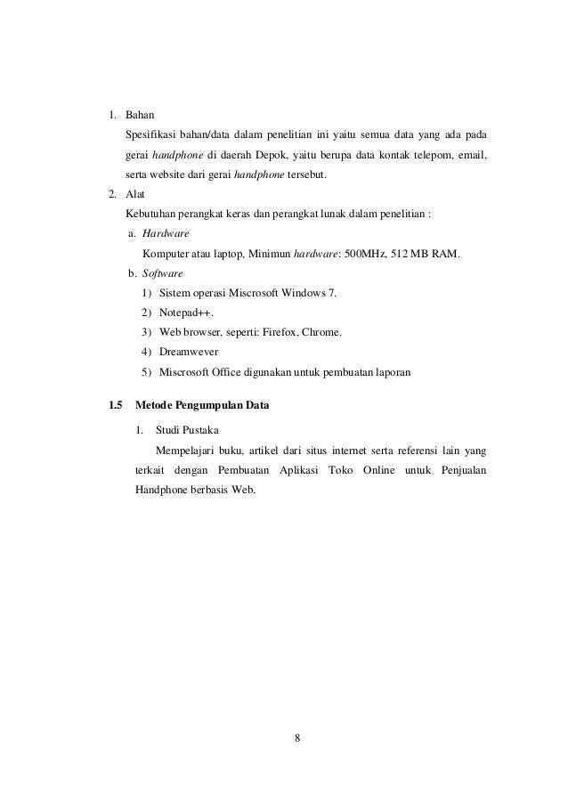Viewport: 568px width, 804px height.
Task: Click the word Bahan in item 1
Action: [139, 115]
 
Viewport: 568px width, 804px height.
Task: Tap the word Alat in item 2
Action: [135, 194]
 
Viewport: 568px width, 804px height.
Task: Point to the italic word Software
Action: [163, 273]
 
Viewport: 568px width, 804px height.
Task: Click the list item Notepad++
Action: [186, 313]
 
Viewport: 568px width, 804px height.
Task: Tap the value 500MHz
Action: [363, 254]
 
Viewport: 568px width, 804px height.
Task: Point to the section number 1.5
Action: [114, 406]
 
